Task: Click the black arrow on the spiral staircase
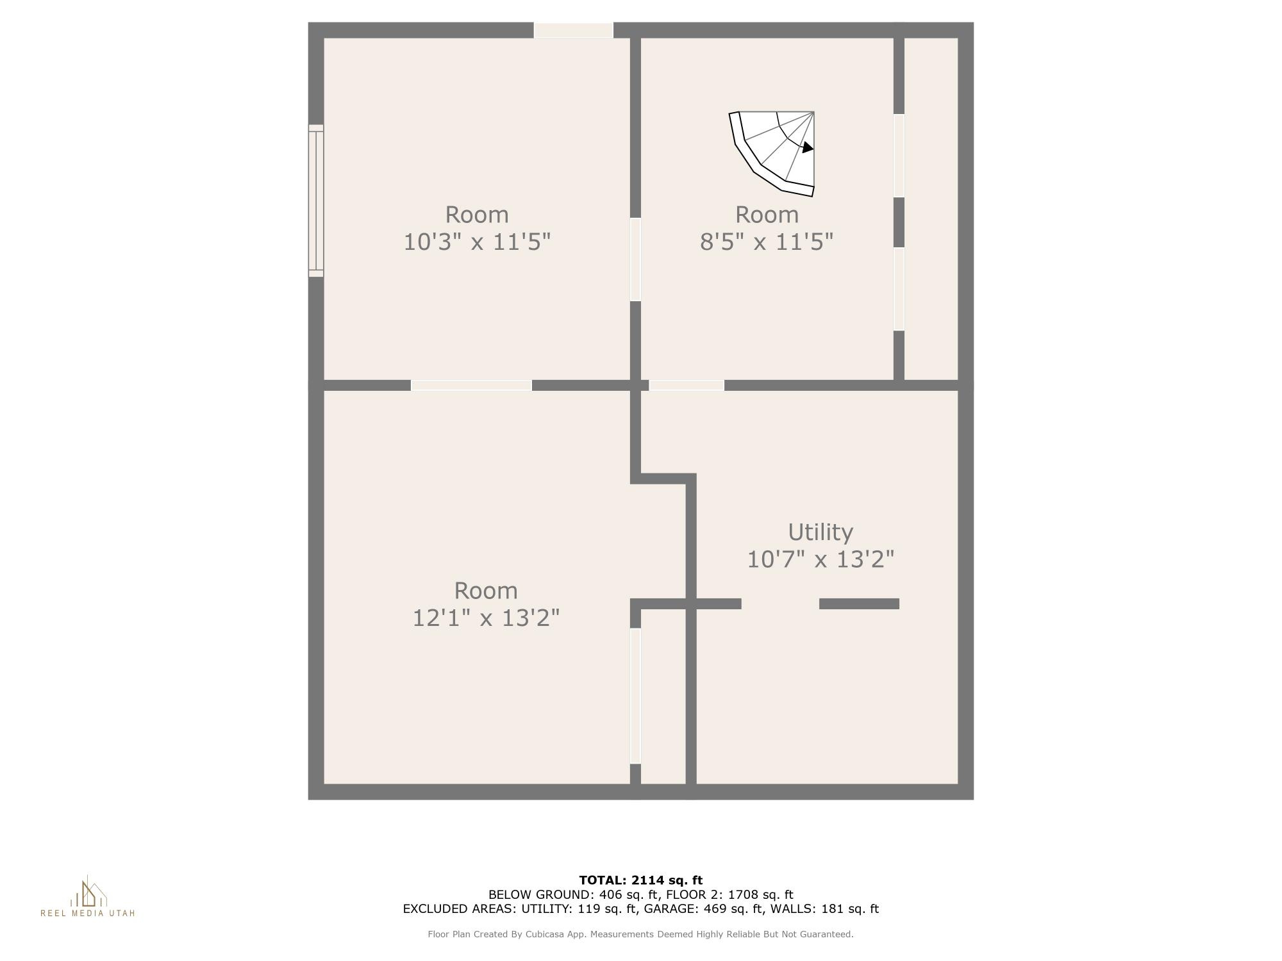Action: pyautogui.click(x=808, y=147)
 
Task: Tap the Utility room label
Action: pyautogui.click(x=820, y=532)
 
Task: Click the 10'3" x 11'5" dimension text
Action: pyautogui.click(x=477, y=242)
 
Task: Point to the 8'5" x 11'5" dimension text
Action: pyautogui.click(x=767, y=242)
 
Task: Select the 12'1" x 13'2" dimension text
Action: pyautogui.click(x=486, y=618)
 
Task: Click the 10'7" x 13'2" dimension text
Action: pyautogui.click(x=820, y=559)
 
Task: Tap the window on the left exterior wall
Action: pyautogui.click(x=316, y=201)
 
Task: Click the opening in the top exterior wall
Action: pyautogui.click(x=574, y=30)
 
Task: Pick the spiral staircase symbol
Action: pyautogui.click(x=772, y=153)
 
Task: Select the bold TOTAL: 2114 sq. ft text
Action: pyautogui.click(x=641, y=880)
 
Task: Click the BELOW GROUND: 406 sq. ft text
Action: pyautogui.click(x=574, y=894)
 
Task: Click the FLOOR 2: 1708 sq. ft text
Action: pyautogui.click(x=730, y=894)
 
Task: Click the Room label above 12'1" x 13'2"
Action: pyautogui.click(x=486, y=591)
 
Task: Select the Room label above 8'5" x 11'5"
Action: pyautogui.click(x=767, y=215)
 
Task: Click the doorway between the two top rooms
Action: pyautogui.click(x=635, y=259)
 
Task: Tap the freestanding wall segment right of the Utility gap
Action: pyautogui.click(x=859, y=604)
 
